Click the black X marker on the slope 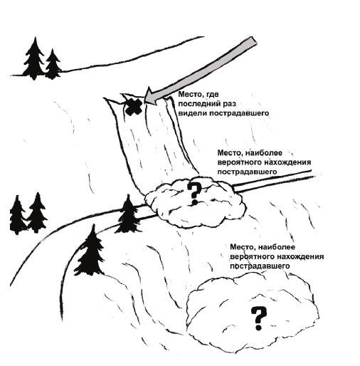(134, 108)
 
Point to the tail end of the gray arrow (253, 42)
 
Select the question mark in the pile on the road (194, 194)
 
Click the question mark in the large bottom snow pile (259, 318)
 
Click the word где (213, 95)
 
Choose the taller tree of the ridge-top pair (35, 58)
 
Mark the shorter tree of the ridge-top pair (53, 64)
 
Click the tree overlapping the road (128, 214)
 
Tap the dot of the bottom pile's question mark (259, 328)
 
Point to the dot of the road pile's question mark (194, 202)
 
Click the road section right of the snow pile (273, 182)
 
